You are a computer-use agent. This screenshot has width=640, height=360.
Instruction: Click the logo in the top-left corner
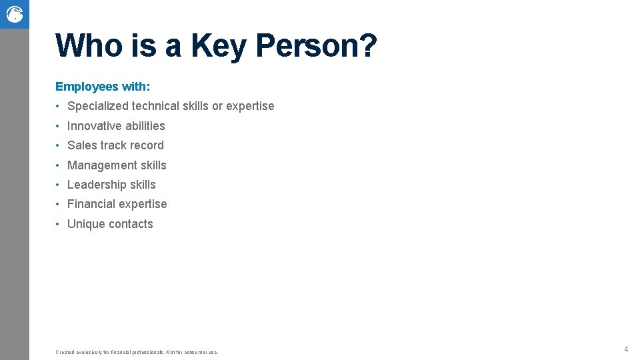(14, 14)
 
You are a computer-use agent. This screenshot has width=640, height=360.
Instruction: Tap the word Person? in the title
(316, 46)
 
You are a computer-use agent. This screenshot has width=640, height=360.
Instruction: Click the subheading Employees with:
(103, 87)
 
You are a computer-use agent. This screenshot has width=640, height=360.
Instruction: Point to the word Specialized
(98, 106)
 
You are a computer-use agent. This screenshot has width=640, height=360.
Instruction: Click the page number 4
(626, 349)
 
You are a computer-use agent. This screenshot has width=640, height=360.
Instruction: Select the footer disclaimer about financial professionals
(137, 352)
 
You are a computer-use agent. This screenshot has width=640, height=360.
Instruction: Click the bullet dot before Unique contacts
(59, 224)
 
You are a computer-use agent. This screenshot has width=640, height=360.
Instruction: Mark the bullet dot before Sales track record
(59, 145)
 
